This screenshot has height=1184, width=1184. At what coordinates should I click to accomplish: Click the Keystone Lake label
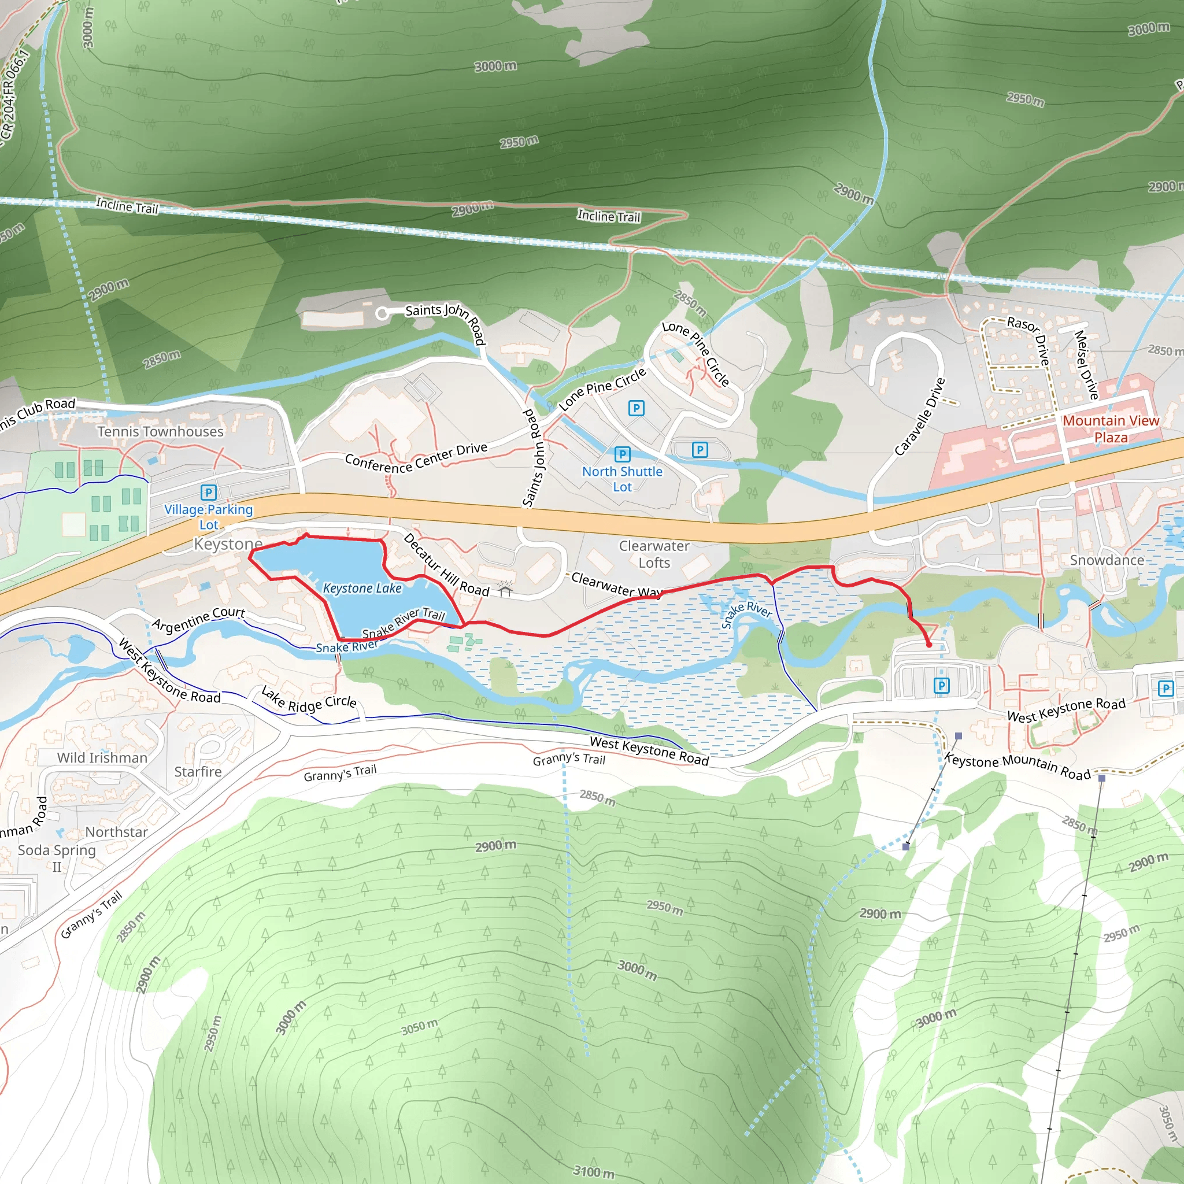[361, 589]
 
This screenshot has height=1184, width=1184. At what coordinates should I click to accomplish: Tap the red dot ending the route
[928, 645]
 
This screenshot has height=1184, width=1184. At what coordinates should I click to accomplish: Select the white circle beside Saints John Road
[382, 314]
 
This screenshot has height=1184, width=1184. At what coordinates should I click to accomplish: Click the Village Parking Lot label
[208, 517]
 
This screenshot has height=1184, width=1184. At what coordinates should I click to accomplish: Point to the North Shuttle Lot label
[622, 479]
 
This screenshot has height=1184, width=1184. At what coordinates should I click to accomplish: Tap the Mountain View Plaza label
[1111, 429]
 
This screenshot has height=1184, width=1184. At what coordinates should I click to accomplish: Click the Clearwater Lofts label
[654, 554]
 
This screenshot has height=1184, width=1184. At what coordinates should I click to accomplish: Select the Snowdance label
[1107, 560]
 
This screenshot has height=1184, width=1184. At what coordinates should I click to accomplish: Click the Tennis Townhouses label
[160, 431]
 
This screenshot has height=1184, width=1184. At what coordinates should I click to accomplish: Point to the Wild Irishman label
[102, 757]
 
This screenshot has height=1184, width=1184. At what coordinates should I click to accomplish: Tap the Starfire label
[197, 772]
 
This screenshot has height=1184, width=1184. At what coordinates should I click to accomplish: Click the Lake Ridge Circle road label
[309, 700]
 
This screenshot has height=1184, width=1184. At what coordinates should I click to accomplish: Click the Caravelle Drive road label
[919, 417]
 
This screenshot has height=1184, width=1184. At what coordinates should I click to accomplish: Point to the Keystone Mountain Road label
[1017, 766]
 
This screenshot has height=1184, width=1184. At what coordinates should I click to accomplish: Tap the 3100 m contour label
[593, 1171]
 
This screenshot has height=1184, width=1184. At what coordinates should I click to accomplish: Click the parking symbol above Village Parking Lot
[208, 492]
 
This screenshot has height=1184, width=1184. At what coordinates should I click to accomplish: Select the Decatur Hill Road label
[446, 565]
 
